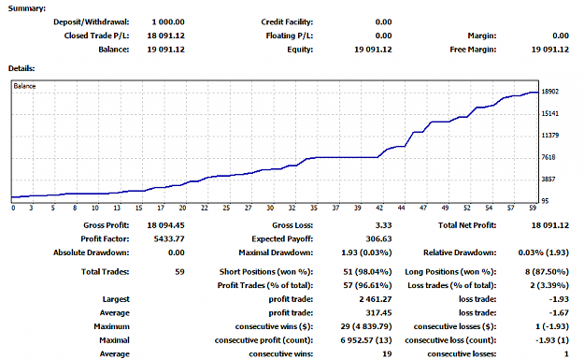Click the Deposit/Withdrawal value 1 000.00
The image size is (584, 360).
point(168,22)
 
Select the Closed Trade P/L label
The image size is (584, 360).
point(96,36)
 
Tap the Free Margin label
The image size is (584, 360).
point(473,50)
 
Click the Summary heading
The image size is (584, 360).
point(27,8)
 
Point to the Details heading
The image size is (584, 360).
point(21,68)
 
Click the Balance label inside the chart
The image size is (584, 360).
point(24,86)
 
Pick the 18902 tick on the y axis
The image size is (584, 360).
point(550,92)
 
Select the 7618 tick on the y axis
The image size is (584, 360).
point(548,157)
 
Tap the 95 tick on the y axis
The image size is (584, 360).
point(545,201)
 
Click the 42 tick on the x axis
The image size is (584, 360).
point(379,208)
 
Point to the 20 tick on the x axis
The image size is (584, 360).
point(182,208)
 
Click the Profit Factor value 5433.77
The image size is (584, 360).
point(169,238)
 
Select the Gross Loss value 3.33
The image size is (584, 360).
point(384,225)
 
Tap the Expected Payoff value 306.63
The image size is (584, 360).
point(378,238)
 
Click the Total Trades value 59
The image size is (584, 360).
point(180,272)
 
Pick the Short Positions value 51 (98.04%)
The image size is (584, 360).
point(367,272)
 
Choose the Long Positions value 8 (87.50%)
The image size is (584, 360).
point(547,272)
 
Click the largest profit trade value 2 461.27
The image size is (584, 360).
point(376,299)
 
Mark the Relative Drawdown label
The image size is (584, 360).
point(460,252)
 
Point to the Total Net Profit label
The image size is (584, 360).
point(467,225)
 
